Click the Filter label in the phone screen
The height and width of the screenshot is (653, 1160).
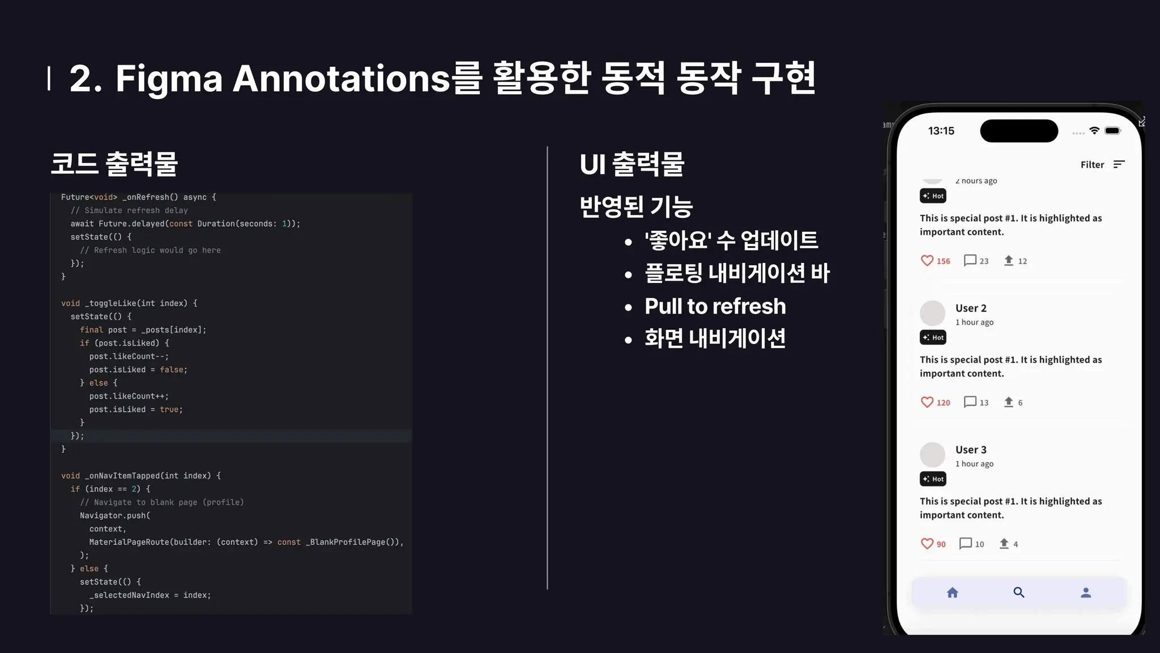pyautogui.click(x=1092, y=165)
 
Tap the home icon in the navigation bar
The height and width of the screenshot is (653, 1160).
pyautogui.click(x=953, y=593)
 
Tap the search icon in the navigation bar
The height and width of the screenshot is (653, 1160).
pyautogui.click(x=1019, y=593)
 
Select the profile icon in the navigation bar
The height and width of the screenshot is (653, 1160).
pyautogui.click(x=1086, y=593)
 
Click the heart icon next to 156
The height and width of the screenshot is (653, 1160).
pyautogui.click(x=927, y=261)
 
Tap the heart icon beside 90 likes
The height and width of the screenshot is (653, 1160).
pyautogui.click(x=927, y=544)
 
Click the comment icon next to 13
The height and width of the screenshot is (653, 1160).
pyautogui.click(x=970, y=402)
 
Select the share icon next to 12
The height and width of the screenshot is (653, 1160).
pyautogui.click(x=1009, y=261)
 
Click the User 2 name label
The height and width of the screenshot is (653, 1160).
pyautogui.click(x=971, y=308)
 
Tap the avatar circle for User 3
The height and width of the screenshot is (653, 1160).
pyautogui.click(x=932, y=455)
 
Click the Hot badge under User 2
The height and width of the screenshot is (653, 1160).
pyautogui.click(x=933, y=338)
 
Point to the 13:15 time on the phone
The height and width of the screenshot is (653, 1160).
pyautogui.click(x=941, y=131)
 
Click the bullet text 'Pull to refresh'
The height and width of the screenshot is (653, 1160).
pyautogui.click(x=715, y=307)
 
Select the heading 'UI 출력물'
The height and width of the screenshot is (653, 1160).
pyautogui.click(x=632, y=164)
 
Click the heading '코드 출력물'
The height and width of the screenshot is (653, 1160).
pyautogui.click(x=114, y=164)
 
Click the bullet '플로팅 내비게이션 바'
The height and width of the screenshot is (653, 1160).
pyautogui.click(x=737, y=273)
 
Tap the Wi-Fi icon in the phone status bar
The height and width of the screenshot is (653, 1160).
pyautogui.click(x=1094, y=131)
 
